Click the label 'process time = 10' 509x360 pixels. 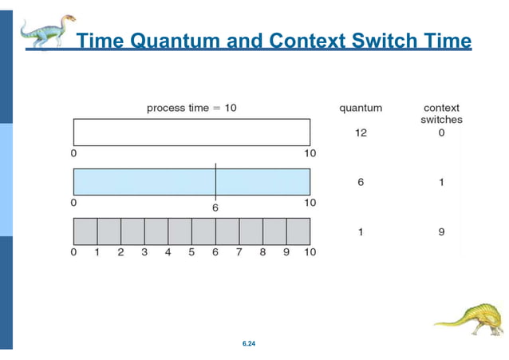click(191, 108)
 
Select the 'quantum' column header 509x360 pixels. click(361, 108)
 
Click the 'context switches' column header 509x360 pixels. click(441, 113)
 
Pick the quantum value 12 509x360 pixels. click(361, 133)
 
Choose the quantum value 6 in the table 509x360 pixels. click(361, 182)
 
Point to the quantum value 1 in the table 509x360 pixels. click(361, 232)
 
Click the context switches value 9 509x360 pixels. click(441, 232)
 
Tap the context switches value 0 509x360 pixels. click(441, 133)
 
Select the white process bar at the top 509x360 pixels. click(191, 132)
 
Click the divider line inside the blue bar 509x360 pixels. click(215, 181)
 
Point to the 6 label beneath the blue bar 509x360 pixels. click(215, 207)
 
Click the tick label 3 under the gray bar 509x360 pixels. click(144, 252)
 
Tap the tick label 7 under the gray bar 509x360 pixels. click(239, 252)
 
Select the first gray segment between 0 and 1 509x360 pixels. click(85, 231)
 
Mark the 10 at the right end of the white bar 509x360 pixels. click(310, 153)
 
